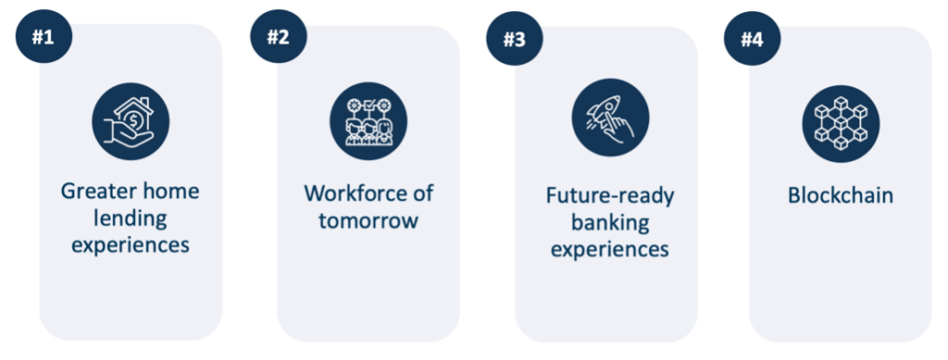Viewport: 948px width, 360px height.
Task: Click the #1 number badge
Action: (x=44, y=37)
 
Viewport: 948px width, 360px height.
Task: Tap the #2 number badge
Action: (x=279, y=37)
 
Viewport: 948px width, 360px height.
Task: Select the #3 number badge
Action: (x=515, y=39)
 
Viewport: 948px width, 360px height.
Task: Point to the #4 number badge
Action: (x=752, y=39)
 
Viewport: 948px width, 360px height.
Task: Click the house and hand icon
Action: (x=131, y=121)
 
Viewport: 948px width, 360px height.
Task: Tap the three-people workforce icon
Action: (x=368, y=121)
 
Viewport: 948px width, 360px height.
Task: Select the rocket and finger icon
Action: (x=610, y=118)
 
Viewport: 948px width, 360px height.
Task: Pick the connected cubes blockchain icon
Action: (x=841, y=124)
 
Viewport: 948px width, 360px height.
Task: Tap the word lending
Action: (x=131, y=218)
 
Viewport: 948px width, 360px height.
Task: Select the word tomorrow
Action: (x=368, y=220)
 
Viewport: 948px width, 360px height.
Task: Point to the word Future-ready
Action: (x=610, y=196)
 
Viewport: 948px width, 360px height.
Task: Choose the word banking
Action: (x=610, y=222)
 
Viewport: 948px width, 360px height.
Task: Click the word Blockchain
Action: (x=841, y=195)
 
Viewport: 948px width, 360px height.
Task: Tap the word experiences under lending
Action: (x=131, y=245)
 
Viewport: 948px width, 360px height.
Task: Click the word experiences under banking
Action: (x=610, y=249)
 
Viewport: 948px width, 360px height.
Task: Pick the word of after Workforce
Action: (x=422, y=193)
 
